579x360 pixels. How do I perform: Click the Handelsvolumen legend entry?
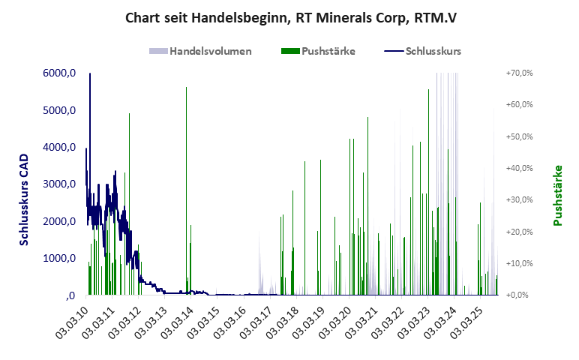point(200,51)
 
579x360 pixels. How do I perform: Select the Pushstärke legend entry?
point(319,51)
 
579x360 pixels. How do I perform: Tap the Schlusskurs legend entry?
point(423,51)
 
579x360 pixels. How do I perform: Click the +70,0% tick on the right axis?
point(519,73)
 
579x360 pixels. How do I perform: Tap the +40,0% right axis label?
point(519,168)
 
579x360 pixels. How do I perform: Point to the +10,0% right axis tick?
point(519,263)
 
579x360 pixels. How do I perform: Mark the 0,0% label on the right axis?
point(520,295)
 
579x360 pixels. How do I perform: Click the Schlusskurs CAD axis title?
point(24,199)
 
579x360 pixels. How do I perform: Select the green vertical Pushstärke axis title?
point(557,196)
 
